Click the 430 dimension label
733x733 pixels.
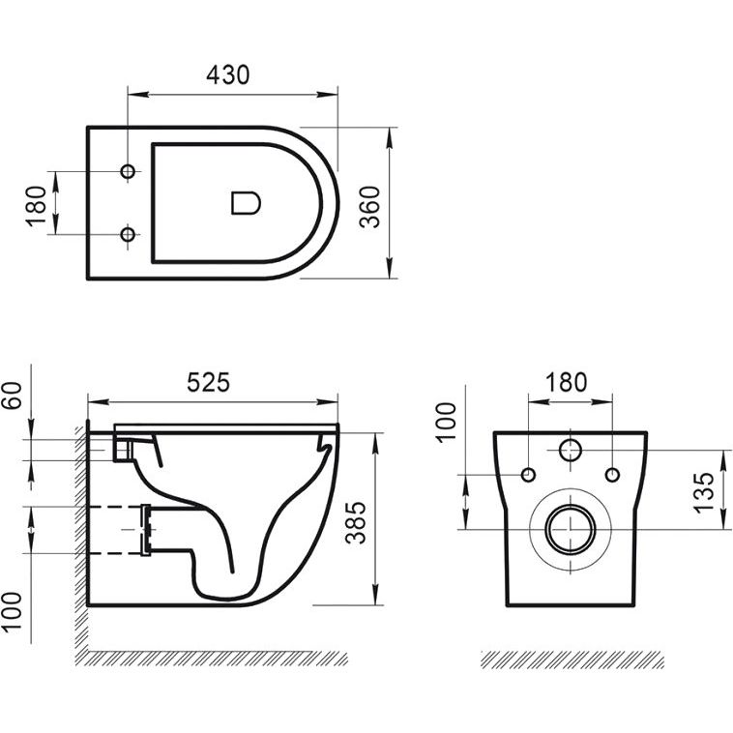click(x=228, y=75)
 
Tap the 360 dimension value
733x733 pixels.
click(x=370, y=207)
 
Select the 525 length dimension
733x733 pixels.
click(x=209, y=382)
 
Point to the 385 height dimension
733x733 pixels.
click(x=356, y=522)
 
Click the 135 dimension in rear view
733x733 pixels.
click(x=705, y=493)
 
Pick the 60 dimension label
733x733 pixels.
click(x=13, y=396)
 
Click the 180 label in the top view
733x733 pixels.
click(x=36, y=207)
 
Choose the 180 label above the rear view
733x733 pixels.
click(x=566, y=382)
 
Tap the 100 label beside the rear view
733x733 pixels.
click(x=446, y=422)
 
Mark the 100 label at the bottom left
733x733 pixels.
click(x=13, y=613)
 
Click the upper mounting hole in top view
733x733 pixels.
click(x=128, y=171)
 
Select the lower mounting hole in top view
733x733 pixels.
click(x=128, y=234)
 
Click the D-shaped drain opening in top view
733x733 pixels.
click(x=246, y=203)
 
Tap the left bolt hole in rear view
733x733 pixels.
click(x=528, y=475)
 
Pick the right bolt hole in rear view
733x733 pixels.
click(x=612, y=475)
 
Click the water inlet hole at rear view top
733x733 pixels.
click(x=571, y=451)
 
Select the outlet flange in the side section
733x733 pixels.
click(x=146, y=530)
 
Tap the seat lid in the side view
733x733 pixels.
click(x=226, y=428)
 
